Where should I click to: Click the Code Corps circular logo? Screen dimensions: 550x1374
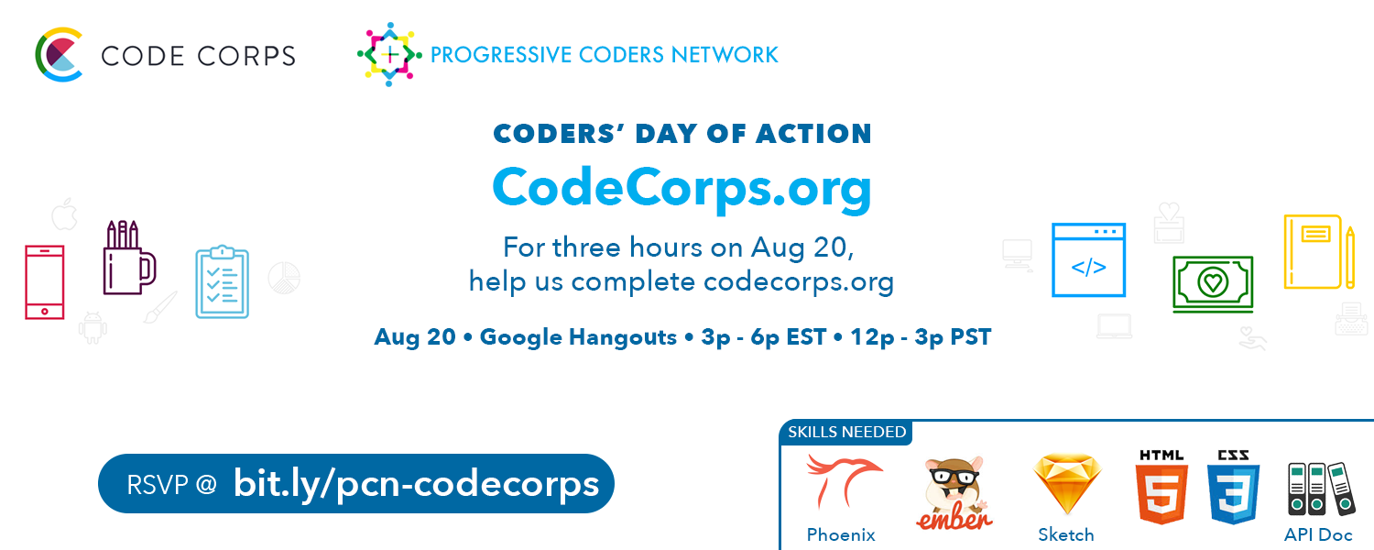59,55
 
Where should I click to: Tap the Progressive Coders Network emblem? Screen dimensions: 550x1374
389,54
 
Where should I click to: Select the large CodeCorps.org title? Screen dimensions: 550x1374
682,187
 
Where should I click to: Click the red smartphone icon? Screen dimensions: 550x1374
45,281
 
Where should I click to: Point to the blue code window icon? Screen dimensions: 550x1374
1088,260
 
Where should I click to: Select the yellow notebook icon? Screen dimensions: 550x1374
1314,252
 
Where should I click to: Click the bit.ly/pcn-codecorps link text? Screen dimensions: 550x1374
416,483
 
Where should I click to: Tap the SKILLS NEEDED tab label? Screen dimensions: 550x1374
846,432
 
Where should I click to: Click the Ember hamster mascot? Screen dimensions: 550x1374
954,493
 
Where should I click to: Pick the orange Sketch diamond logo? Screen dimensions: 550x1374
1066,484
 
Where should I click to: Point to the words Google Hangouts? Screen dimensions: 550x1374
578,337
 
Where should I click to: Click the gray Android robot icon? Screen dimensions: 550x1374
93,327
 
